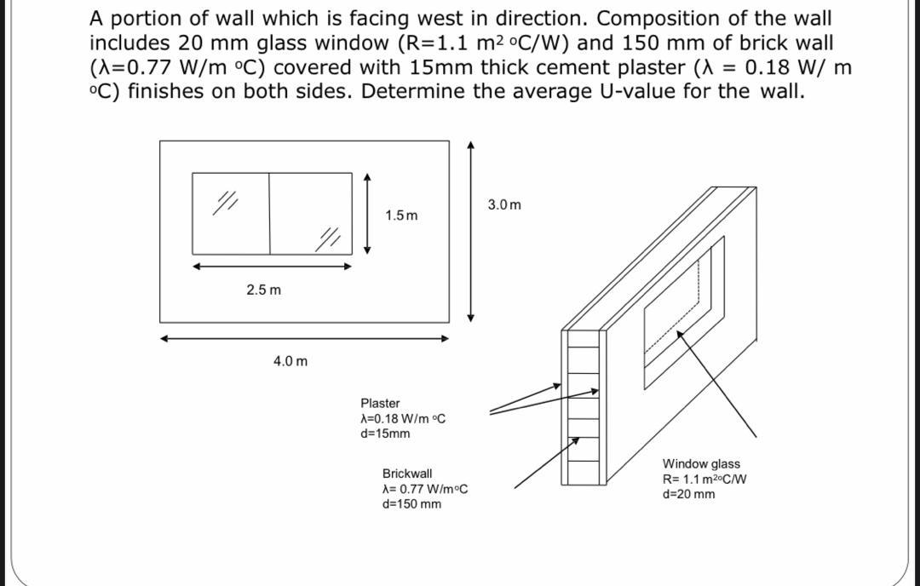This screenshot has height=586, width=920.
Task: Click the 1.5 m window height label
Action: pos(401,215)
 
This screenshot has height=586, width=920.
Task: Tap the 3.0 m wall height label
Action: pos(504,204)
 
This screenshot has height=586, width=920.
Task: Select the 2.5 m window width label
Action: pos(263,290)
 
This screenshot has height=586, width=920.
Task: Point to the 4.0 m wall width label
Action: pos(290,361)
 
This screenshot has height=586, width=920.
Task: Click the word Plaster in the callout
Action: pos(380,403)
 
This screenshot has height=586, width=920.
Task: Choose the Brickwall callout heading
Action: pos(407,474)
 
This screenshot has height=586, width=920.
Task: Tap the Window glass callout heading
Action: pos(701,464)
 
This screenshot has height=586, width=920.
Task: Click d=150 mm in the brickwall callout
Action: pos(412,504)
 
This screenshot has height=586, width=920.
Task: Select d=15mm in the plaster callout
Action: pos(385,434)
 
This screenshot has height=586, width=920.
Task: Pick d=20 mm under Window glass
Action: pos(689,495)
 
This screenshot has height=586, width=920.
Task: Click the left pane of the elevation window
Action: pos(231,213)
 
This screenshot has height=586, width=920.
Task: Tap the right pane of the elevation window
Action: pos(310,213)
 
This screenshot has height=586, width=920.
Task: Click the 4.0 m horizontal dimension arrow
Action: pos(305,338)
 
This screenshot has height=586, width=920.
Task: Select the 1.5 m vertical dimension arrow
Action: pos(367,214)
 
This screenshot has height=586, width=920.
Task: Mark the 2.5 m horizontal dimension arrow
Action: pos(272,266)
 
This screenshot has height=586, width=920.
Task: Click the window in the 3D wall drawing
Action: pos(684,307)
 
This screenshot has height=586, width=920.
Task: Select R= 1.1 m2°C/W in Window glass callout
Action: pos(705,480)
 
